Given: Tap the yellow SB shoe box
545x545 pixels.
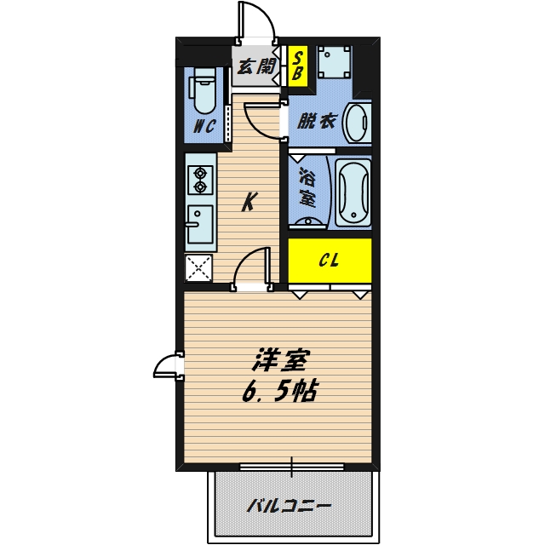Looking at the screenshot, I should click(x=298, y=66).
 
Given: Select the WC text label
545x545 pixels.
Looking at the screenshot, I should click(x=203, y=127).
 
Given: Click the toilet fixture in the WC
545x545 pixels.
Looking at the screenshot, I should click(x=203, y=92).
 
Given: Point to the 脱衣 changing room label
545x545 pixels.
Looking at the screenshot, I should click(x=315, y=121).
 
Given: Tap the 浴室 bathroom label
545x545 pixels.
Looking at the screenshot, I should click(x=307, y=190).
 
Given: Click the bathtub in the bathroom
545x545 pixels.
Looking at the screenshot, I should click(x=353, y=192).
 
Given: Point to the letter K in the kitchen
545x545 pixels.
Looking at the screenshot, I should click(x=249, y=203).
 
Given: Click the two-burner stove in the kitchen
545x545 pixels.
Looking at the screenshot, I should click(x=201, y=177).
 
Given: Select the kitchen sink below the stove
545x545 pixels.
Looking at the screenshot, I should click(x=201, y=225).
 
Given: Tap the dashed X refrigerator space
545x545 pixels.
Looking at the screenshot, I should click(x=201, y=269).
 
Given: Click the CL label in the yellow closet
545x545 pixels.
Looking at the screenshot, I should click(x=330, y=261).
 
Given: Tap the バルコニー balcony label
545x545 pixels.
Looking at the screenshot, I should click(x=290, y=506).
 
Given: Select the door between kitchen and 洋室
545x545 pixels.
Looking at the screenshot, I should click(x=253, y=269).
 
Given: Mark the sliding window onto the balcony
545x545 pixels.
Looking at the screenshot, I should click(x=291, y=467).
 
